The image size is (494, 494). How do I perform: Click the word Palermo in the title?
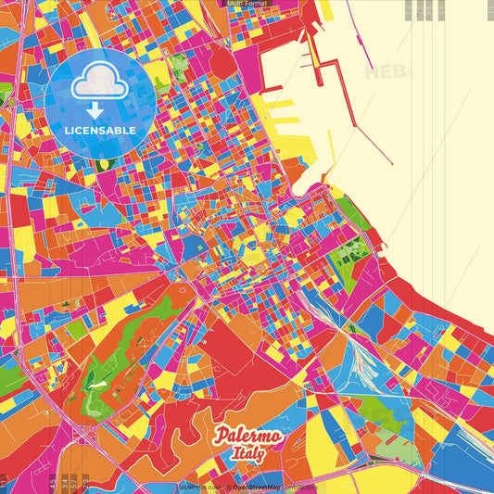(x=249, y=436)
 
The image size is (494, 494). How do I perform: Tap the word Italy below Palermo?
(x=250, y=454)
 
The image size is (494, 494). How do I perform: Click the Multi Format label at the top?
(x=247, y=4)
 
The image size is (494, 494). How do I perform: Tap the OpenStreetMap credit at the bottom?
(x=261, y=488)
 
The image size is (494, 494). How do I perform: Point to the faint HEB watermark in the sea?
(x=385, y=71)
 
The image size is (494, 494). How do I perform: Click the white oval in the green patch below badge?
(x=102, y=164)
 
